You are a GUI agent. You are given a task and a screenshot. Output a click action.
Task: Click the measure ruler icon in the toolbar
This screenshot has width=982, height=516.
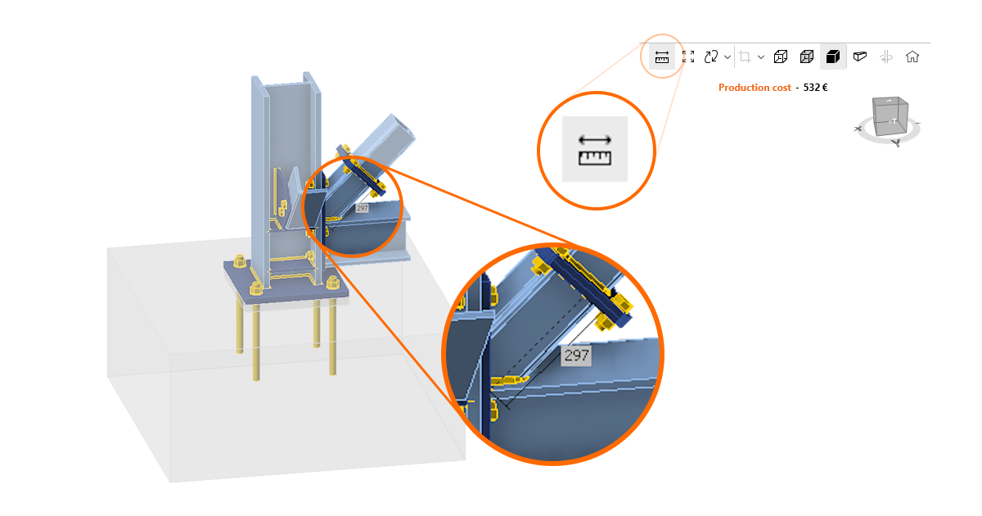click(x=662, y=57)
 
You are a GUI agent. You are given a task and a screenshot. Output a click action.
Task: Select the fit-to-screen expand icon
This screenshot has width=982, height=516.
click(x=688, y=57)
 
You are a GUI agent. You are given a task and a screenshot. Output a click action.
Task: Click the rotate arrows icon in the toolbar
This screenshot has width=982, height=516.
click(x=711, y=57)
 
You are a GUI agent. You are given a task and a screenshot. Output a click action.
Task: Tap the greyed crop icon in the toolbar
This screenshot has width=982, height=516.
click(x=746, y=57)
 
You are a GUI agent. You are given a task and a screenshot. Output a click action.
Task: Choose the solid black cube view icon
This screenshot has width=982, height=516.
click(x=833, y=57)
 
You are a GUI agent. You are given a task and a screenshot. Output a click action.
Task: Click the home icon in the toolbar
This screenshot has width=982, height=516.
click(x=912, y=57)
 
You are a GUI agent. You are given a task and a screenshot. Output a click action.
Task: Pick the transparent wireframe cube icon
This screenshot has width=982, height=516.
click(x=781, y=57)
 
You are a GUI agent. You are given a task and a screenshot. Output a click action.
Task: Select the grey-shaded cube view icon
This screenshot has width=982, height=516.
click(x=807, y=57)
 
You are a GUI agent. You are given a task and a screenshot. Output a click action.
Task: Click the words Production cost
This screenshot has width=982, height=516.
click(x=755, y=88)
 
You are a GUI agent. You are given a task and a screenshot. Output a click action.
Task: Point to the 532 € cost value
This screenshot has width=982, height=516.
click(x=814, y=88)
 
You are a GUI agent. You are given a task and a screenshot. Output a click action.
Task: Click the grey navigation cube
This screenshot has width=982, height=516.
click(x=890, y=115)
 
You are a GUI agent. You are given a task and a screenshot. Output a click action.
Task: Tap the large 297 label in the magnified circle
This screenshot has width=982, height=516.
click(x=576, y=355)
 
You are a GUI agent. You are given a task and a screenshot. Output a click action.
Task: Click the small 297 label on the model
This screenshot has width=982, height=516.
click(x=363, y=208)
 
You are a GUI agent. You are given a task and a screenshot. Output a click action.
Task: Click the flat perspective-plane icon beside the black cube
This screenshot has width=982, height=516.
click(x=859, y=57)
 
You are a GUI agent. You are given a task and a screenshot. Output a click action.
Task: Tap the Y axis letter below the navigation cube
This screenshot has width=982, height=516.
click(x=896, y=143)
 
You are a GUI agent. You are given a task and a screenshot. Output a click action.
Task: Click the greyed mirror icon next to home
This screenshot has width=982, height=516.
click(x=886, y=57)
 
